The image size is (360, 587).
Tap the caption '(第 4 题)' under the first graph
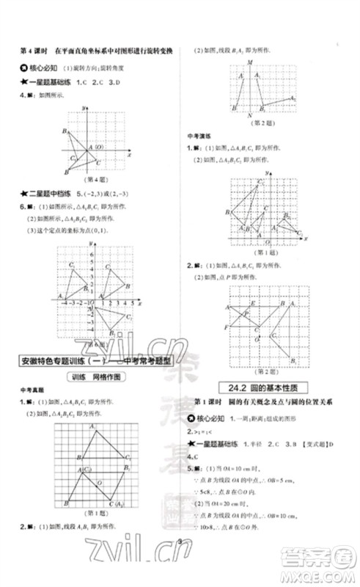(87, 179)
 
